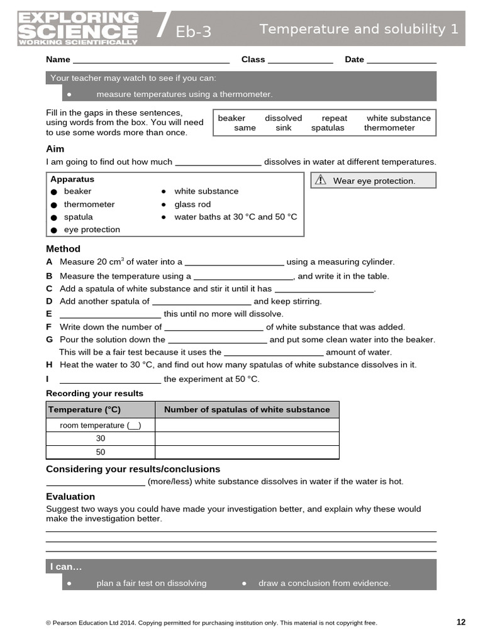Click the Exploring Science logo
[x=79, y=28]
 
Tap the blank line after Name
[x=151, y=60]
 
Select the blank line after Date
[x=401, y=60]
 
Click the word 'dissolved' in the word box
[x=283, y=118]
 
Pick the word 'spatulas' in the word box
[x=328, y=128]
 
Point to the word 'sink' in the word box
[x=284, y=128]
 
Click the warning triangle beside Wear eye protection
[x=321, y=180]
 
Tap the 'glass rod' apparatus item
[x=192, y=204]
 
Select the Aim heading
[x=55, y=149]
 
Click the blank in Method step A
[x=235, y=263]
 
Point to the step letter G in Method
[x=50, y=340]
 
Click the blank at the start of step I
[x=110, y=380]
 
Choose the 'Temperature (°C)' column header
[x=84, y=409]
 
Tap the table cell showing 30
[x=101, y=439]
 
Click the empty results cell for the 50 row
[x=247, y=452]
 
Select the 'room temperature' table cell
[x=101, y=426]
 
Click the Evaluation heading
[x=70, y=496]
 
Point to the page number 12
[x=461, y=622]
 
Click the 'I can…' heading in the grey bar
[x=66, y=567]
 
